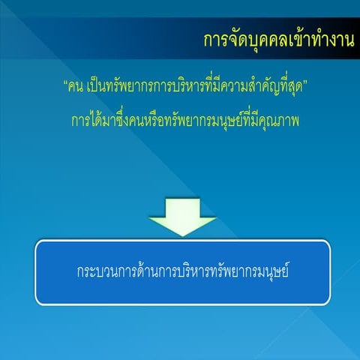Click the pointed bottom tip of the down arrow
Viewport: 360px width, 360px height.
(182, 235)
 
